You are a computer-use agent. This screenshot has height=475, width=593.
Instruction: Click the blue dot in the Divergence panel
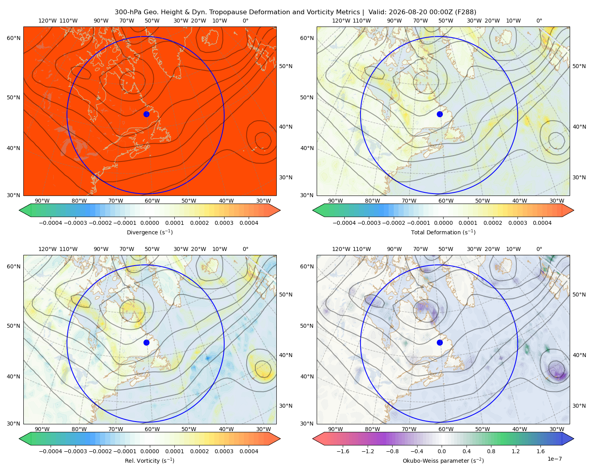coord(146,114)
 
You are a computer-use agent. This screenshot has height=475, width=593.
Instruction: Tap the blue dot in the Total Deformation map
coord(440,114)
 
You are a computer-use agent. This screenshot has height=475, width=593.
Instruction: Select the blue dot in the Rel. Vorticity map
coord(146,342)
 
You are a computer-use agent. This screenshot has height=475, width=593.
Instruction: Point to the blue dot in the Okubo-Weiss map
coord(440,342)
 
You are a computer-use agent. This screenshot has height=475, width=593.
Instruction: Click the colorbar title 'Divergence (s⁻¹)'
coord(149,232)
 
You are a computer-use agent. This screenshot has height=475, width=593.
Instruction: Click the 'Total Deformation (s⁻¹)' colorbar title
coord(443,232)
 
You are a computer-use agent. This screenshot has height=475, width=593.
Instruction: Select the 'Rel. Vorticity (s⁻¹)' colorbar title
coord(149,460)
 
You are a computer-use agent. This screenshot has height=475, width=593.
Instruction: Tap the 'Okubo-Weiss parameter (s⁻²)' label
coord(443,460)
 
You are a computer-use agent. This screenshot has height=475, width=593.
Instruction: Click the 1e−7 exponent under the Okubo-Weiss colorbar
coord(554,459)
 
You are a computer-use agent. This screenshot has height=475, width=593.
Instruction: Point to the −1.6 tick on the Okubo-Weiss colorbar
coord(343,451)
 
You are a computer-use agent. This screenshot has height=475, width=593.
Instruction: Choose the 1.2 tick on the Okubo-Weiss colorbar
coord(516,451)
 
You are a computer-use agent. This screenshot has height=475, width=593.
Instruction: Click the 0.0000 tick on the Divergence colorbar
coord(149,223)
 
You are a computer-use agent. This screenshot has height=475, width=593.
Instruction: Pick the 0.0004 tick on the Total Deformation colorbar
coord(542,223)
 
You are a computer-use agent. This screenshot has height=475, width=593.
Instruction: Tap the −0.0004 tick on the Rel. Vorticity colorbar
coord(51,451)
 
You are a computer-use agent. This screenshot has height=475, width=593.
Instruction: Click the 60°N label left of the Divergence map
coord(13,38)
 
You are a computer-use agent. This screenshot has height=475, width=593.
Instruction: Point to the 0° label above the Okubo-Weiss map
coord(539,249)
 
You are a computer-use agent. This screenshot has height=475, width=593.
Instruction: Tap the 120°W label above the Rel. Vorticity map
coord(47,249)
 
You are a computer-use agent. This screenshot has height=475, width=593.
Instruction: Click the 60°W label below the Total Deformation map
coord(446,201)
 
